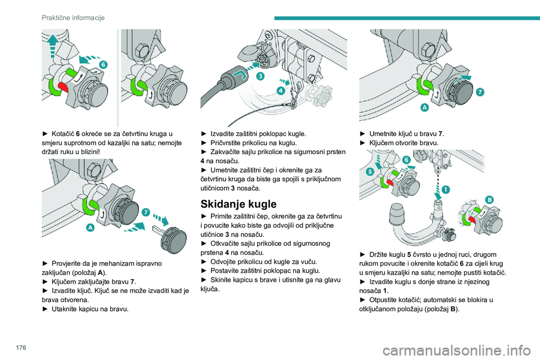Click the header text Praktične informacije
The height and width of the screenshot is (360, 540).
tap(73, 18)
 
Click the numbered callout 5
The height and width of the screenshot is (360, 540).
tap(369, 172)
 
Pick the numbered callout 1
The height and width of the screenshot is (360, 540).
tap(445, 190)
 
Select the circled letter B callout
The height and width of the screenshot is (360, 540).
tap(489, 200)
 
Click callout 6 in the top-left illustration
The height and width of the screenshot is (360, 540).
tap(103, 65)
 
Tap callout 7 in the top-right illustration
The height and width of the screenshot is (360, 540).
tap(480, 91)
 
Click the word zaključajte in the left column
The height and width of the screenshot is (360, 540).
tap(106, 282)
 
